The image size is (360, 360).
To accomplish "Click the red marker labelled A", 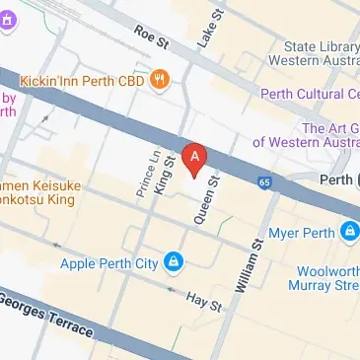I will [x=196, y=158].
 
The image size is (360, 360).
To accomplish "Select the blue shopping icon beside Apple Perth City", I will [x=174, y=261].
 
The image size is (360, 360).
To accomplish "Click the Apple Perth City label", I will [x=109, y=262].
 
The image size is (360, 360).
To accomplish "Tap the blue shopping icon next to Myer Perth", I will [x=349, y=233].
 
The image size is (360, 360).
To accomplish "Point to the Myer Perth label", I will [x=305, y=233].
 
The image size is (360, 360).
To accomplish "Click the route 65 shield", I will [x=264, y=181].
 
